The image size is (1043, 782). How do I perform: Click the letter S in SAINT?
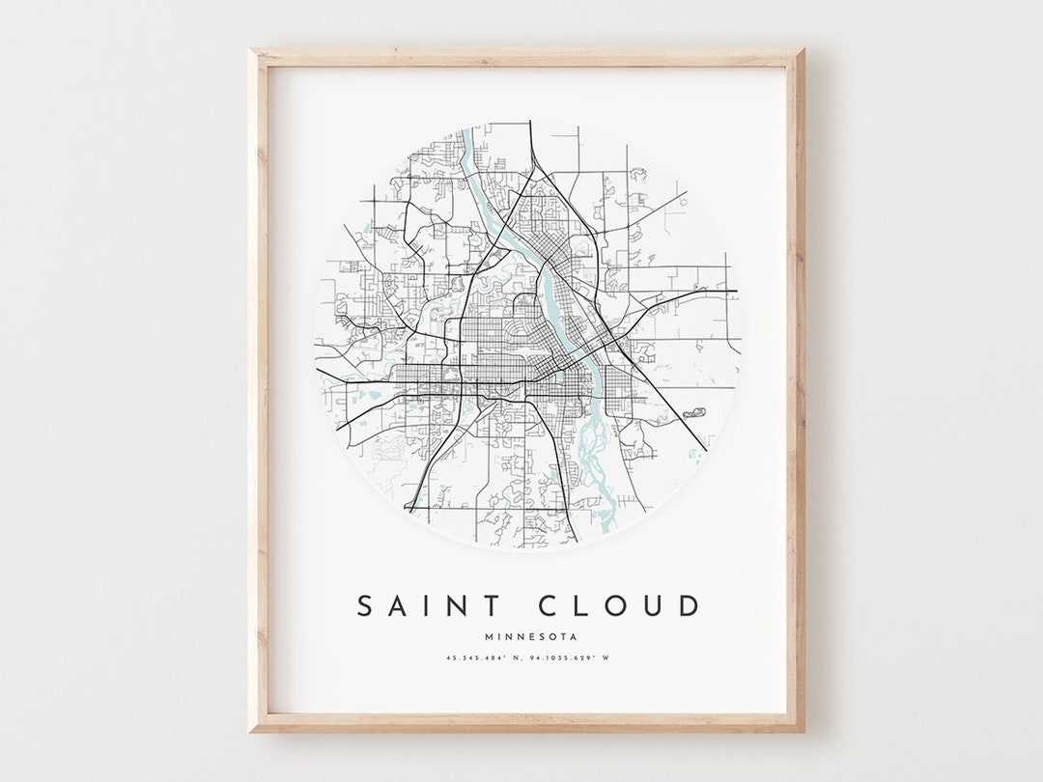pos(366,606)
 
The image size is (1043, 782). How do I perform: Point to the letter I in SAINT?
pos(429,606)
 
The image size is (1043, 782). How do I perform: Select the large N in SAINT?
pos(458,606)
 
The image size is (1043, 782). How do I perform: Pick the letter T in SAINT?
pos(492,606)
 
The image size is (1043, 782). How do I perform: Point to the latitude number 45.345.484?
pos(471,658)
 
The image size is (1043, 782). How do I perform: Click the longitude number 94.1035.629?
pos(560,658)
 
